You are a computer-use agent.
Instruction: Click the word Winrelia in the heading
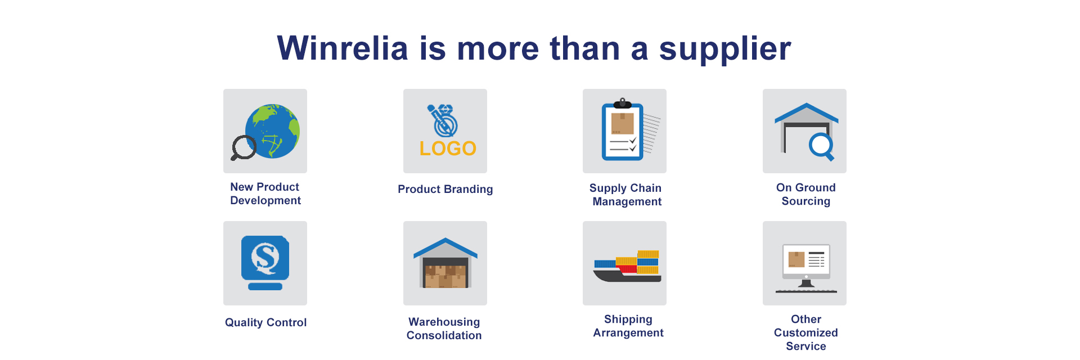(x=343, y=48)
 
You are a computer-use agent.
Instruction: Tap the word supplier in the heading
(x=725, y=50)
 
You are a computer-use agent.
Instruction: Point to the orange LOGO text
(x=448, y=148)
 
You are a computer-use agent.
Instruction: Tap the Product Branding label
(x=445, y=189)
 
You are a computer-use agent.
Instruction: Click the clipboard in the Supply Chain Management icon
(x=623, y=130)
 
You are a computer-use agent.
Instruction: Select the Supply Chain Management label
(x=626, y=195)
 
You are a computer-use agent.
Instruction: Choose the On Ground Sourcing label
(x=805, y=194)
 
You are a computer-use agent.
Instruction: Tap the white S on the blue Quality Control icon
(x=265, y=258)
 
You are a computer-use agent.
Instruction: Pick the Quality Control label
(x=265, y=322)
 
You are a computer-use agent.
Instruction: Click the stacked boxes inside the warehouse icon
(x=445, y=276)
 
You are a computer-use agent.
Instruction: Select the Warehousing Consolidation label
(x=444, y=328)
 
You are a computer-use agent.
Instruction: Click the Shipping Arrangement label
(x=628, y=326)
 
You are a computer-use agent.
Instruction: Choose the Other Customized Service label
(x=805, y=332)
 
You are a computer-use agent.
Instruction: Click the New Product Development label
(x=265, y=193)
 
